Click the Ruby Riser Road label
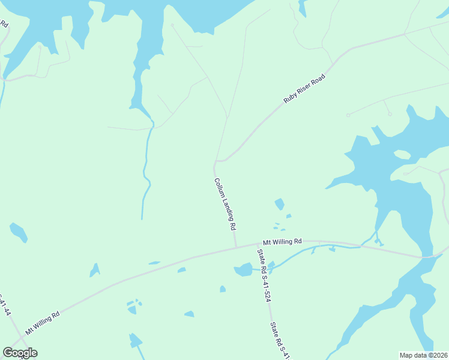[304, 89]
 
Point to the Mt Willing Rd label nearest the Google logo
[42, 323]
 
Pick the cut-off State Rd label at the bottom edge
[280, 341]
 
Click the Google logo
[20, 353]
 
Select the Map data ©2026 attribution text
[424, 355]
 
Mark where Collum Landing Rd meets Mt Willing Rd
[236, 247]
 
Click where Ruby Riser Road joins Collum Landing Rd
[216, 161]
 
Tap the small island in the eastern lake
[402, 155]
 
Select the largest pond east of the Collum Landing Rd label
[279, 205]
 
